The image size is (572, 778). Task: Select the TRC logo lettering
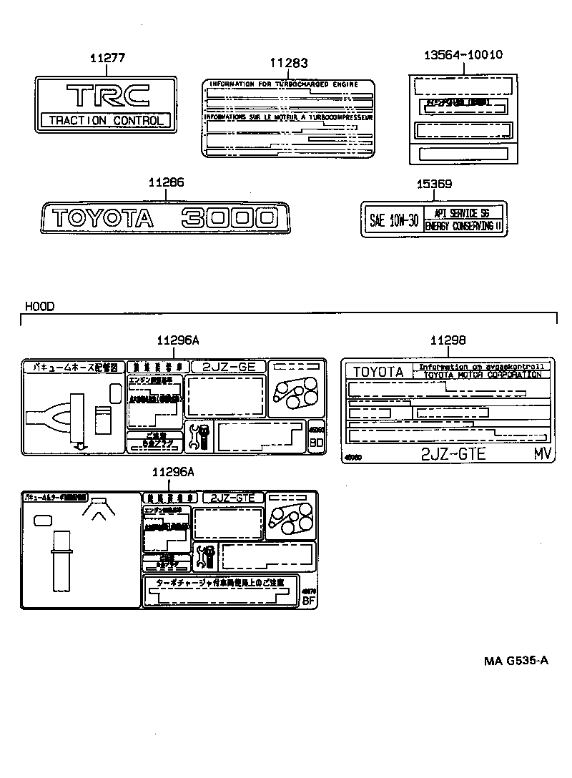[107, 96]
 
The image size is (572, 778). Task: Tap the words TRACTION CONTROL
[106, 120]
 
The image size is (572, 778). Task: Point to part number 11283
[288, 63]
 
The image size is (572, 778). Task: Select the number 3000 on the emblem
[228, 217]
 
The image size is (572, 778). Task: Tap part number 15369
[434, 184]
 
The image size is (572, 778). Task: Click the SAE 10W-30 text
[393, 220]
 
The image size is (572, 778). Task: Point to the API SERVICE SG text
[463, 213]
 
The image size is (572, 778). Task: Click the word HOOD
[40, 306]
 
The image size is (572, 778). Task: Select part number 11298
[448, 340]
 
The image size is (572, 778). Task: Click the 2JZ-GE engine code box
[229, 366]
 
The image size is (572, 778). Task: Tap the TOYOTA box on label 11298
[378, 372]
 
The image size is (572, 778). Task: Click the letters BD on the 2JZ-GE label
[316, 443]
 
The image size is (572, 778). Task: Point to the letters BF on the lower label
[309, 601]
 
